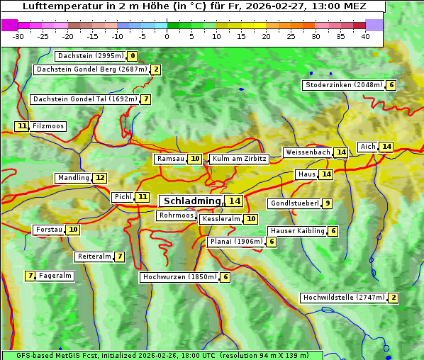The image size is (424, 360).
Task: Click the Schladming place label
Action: point(192,201)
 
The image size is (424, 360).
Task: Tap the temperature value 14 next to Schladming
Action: point(234,201)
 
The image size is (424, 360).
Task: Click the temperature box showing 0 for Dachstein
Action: point(133,56)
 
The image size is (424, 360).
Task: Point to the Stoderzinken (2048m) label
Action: point(343,85)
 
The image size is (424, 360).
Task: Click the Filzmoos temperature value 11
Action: point(22,126)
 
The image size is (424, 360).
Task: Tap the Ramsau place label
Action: point(170,159)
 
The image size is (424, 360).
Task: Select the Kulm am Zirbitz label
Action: point(239,159)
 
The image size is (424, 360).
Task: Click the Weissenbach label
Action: point(308,152)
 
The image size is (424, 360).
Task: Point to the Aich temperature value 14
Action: point(386,147)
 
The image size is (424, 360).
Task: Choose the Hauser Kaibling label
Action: point(297,231)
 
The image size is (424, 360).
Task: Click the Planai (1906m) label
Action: point(235,242)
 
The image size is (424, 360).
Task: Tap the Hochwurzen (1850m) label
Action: point(179,277)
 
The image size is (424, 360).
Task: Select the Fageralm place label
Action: point(55,276)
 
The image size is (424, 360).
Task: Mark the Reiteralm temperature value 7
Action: point(120,257)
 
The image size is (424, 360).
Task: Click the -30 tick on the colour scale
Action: point(18,35)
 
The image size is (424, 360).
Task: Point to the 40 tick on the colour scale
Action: point(365,35)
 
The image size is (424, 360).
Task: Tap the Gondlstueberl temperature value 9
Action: point(326,203)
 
